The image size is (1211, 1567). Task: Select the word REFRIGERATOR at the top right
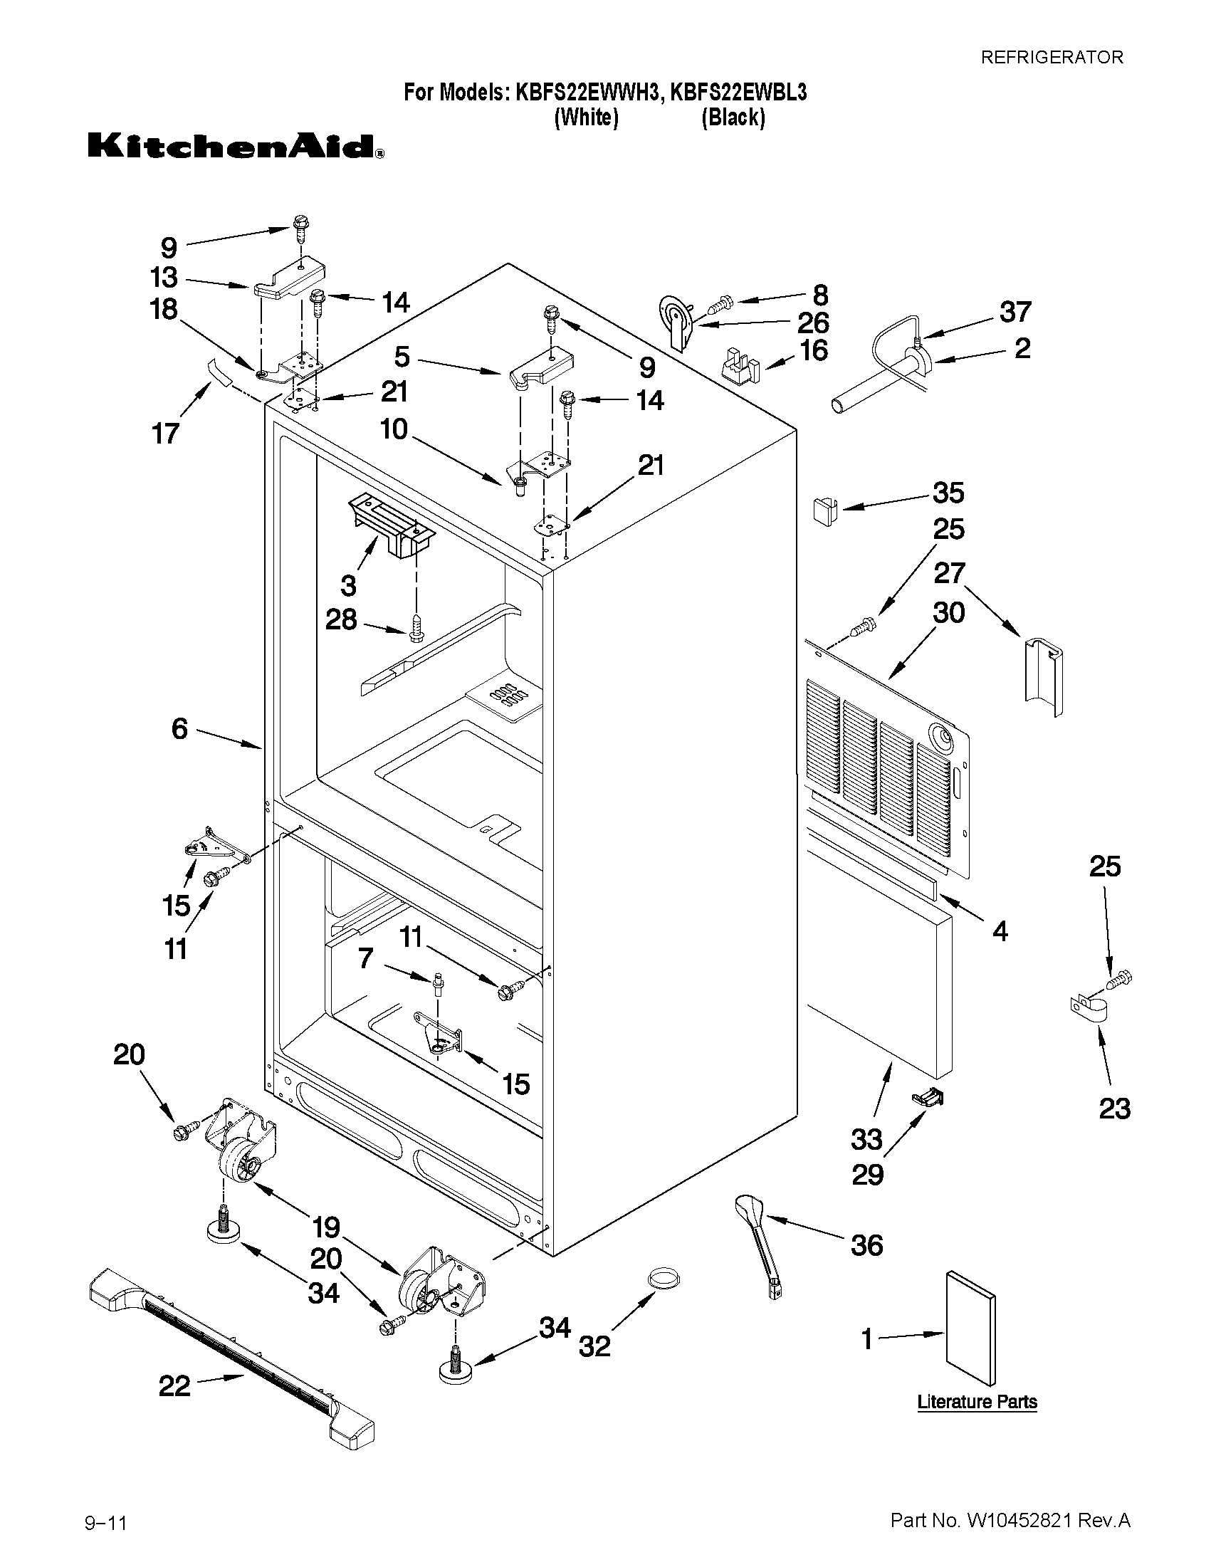1052,58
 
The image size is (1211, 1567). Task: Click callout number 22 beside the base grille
174,1386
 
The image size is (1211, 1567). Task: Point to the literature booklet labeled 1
970,1336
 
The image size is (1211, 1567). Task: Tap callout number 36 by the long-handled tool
866,1246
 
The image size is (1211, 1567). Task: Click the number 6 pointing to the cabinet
179,729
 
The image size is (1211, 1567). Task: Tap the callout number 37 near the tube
1015,312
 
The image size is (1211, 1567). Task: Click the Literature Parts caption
977,1401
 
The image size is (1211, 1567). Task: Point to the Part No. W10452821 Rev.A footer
1010,1519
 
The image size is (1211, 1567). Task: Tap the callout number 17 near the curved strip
166,434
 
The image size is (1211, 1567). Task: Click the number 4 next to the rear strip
1000,931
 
